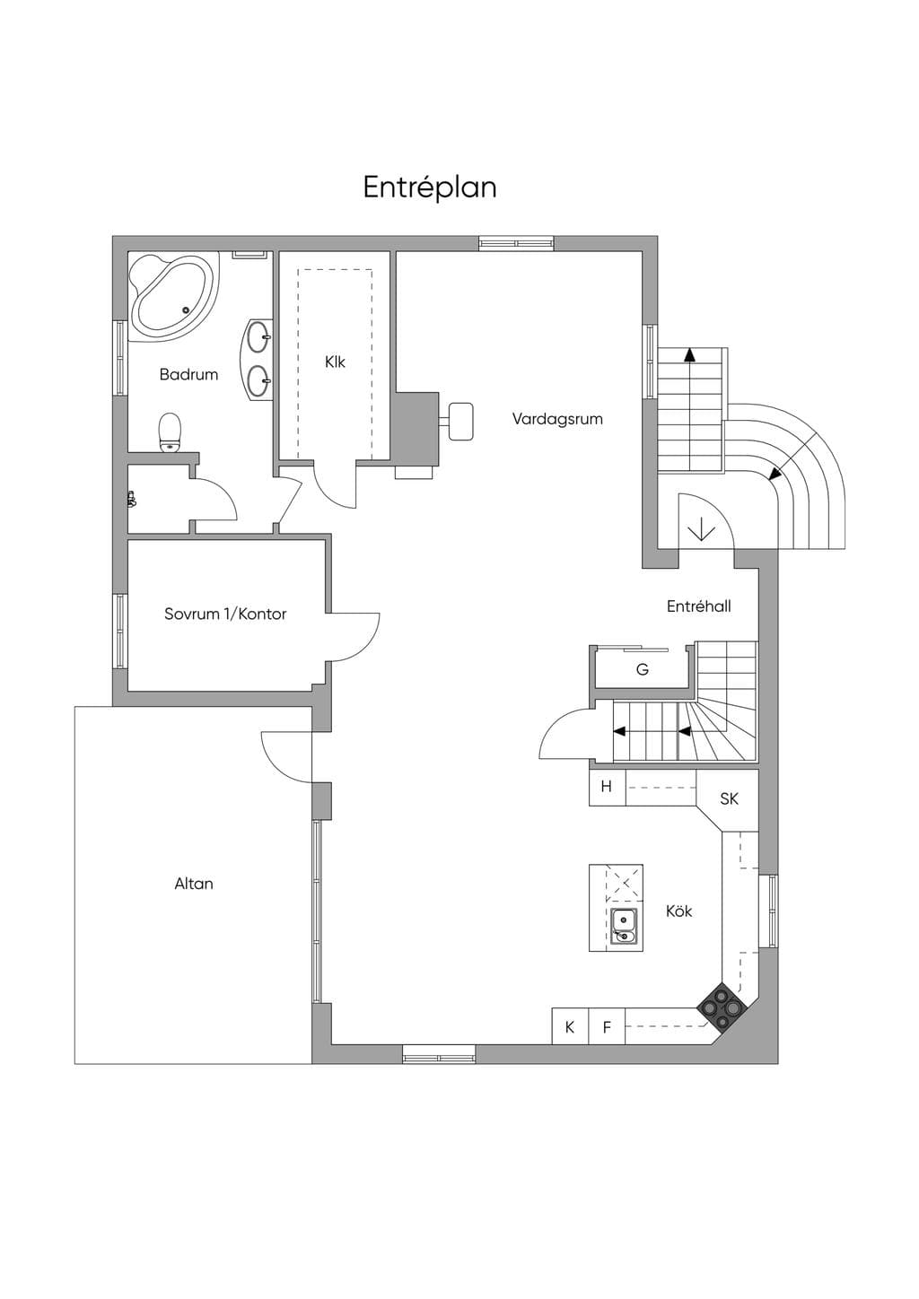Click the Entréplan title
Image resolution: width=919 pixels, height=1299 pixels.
tap(430, 187)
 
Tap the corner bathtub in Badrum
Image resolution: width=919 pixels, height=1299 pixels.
tap(173, 296)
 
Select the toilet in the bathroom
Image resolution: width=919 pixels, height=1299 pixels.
tap(171, 432)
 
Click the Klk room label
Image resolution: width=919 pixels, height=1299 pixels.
tap(335, 362)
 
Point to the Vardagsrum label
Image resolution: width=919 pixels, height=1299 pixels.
tap(557, 419)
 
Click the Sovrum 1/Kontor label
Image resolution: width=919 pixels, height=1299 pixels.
tap(225, 614)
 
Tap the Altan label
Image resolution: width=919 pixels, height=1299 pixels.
tap(194, 884)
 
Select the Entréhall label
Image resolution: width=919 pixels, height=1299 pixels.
tap(698, 606)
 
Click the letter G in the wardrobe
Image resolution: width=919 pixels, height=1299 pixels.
tap(643, 670)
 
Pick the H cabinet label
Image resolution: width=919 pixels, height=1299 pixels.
tap(607, 787)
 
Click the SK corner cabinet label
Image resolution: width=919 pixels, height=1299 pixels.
tap(730, 799)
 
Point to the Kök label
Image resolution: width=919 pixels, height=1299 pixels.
tap(678, 911)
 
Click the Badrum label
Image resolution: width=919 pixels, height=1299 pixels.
tap(188, 375)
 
